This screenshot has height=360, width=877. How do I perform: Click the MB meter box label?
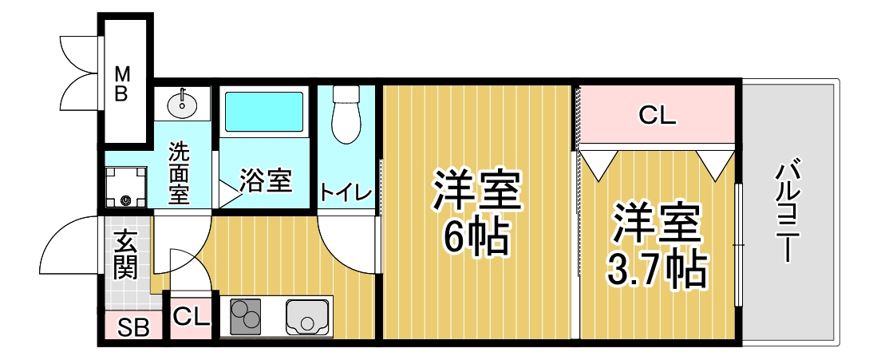point(121,84)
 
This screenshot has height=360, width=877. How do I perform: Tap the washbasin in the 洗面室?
point(183,102)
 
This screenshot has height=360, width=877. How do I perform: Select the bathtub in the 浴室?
point(265,112)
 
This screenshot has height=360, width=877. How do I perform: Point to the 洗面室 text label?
point(179,172)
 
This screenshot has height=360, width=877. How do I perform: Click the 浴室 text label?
point(266,181)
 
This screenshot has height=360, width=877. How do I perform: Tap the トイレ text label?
point(346,192)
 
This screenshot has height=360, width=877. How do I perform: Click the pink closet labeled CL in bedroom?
point(657,115)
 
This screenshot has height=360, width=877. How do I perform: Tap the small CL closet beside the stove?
point(191,316)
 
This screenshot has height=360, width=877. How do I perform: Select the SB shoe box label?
point(133,327)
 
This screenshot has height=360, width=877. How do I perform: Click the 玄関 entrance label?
point(124,254)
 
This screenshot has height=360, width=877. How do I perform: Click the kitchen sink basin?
point(309,318)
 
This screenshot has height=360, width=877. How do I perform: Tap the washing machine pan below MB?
point(125,188)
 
